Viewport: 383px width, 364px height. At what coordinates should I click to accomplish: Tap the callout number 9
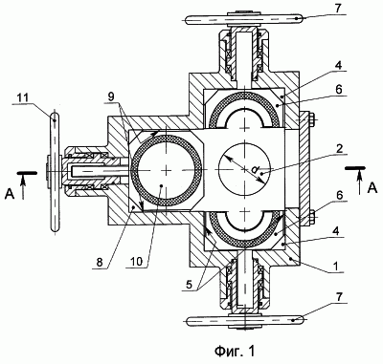[x=110, y=96]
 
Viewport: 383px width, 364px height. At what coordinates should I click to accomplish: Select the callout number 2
[x=339, y=149]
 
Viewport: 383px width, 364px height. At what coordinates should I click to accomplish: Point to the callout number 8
[x=99, y=262]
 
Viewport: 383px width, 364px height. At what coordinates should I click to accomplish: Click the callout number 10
[x=137, y=262]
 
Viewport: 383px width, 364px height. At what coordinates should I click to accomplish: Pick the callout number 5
[x=190, y=284]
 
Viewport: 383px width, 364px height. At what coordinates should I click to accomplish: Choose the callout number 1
[x=339, y=266]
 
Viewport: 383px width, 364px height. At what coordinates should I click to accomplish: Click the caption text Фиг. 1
[x=236, y=352]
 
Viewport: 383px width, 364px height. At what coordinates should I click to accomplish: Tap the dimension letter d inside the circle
[x=254, y=170]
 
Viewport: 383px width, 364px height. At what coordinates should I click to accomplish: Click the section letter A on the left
[x=10, y=194]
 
